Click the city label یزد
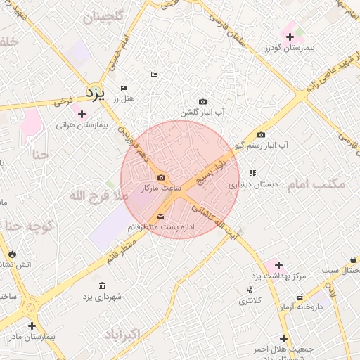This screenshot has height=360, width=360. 95,93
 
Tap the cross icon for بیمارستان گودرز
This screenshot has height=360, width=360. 290,37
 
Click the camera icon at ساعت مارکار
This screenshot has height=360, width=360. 162,177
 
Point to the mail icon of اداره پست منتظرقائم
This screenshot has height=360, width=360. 162,216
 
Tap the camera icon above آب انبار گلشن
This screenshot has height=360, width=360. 203,101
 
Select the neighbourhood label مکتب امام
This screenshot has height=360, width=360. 316,184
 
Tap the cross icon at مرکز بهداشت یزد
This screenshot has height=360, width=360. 279,265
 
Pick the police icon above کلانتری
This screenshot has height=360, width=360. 250,290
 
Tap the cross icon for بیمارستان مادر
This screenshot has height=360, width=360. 32,326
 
